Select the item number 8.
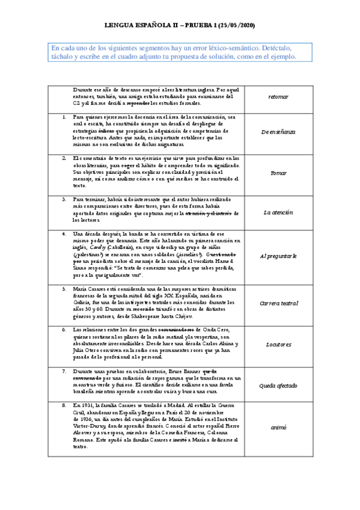[64, 407]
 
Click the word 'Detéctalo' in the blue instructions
[261, 48]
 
